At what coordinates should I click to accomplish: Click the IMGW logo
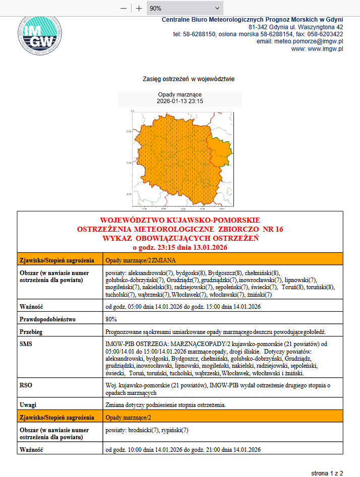pos(39,35)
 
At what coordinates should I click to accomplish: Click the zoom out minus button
pos(124,9)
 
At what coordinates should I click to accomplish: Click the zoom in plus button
pos(139,9)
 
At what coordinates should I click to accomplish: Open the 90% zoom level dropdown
pos(185,9)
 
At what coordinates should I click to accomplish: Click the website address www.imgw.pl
pos(325,49)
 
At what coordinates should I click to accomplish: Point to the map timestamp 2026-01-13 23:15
pos(179,101)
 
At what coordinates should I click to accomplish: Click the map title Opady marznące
pos(179,95)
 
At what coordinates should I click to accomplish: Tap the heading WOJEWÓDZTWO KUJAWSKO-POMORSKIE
pos(180,221)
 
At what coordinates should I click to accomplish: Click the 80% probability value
pos(111,319)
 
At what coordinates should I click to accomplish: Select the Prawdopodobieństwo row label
pos(47,319)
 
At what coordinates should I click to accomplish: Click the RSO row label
pos(26,384)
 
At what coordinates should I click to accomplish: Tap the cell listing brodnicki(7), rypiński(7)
pos(146,430)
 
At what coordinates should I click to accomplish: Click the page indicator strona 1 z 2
pos(327,473)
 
